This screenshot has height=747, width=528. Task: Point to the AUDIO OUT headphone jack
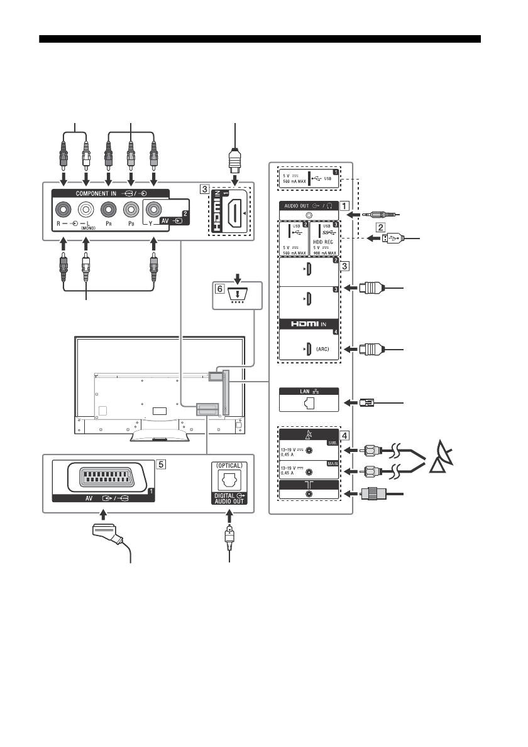click(308, 215)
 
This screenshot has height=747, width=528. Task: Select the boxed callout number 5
click(162, 465)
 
